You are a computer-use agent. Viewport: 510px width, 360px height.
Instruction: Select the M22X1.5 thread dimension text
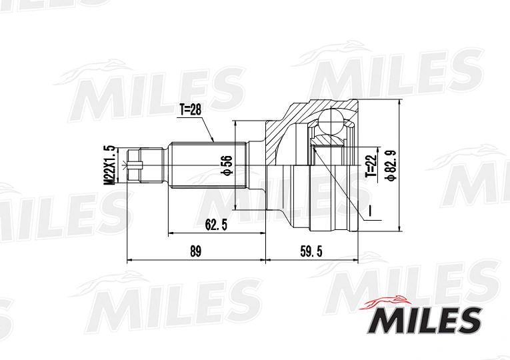(x=111, y=165)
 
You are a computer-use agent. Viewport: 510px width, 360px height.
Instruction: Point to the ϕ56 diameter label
(x=227, y=165)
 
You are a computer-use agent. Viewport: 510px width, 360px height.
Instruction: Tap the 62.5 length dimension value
(x=215, y=225)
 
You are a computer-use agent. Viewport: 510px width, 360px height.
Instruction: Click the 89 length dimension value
(x=195, y=251)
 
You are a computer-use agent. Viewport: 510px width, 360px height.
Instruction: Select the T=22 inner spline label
(x=371, y=165)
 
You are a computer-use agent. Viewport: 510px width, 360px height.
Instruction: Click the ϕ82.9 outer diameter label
(x=390, y=165)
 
